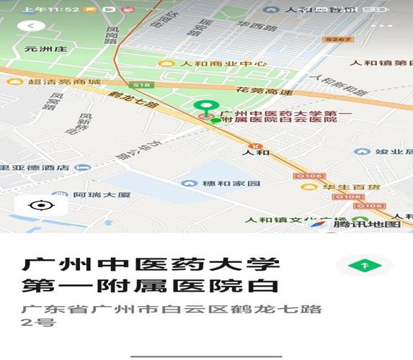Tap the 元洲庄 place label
tap(45, 50)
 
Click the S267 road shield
tap(337, 40)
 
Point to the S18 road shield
tap(143, 85)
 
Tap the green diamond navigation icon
tap(365, 266)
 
